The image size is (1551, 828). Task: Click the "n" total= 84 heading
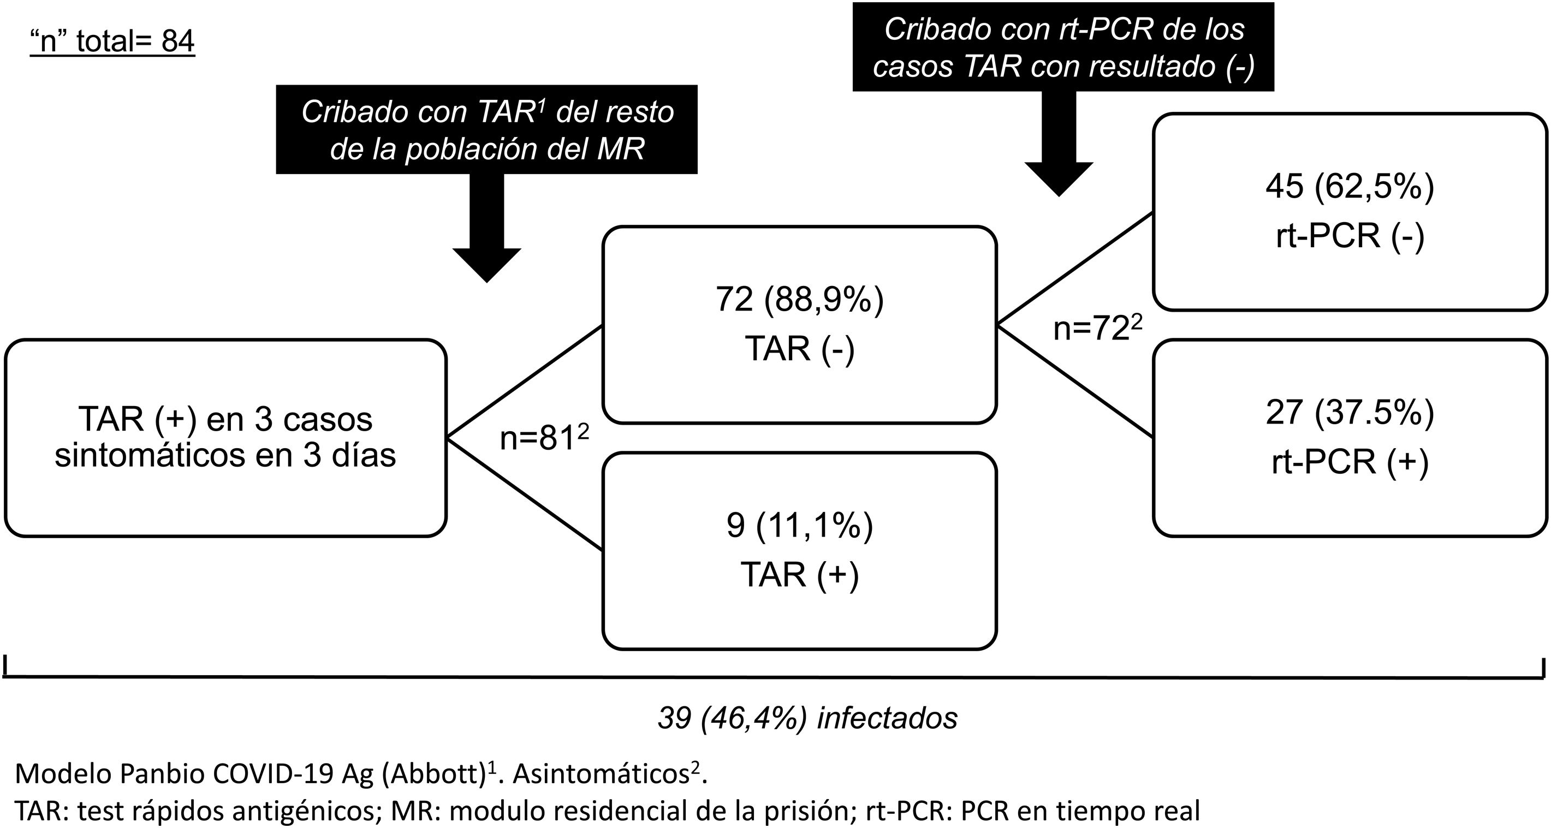(x=112, y=41)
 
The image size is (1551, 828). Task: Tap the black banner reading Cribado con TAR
(x=486, y=129)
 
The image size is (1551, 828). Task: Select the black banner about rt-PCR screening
(x=1063, y=47)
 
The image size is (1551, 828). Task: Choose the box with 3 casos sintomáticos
(x=225, y=437)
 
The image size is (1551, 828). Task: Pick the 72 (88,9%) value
(x=800, y=299)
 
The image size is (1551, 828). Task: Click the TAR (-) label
(x=800, y=348)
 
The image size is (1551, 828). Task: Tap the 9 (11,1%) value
(x=800, y=525)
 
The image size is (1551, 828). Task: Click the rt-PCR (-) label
(x=1350, y=235)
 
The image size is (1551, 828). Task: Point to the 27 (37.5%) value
(x=1350, y=413)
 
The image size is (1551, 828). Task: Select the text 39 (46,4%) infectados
(x=807, y=718)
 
